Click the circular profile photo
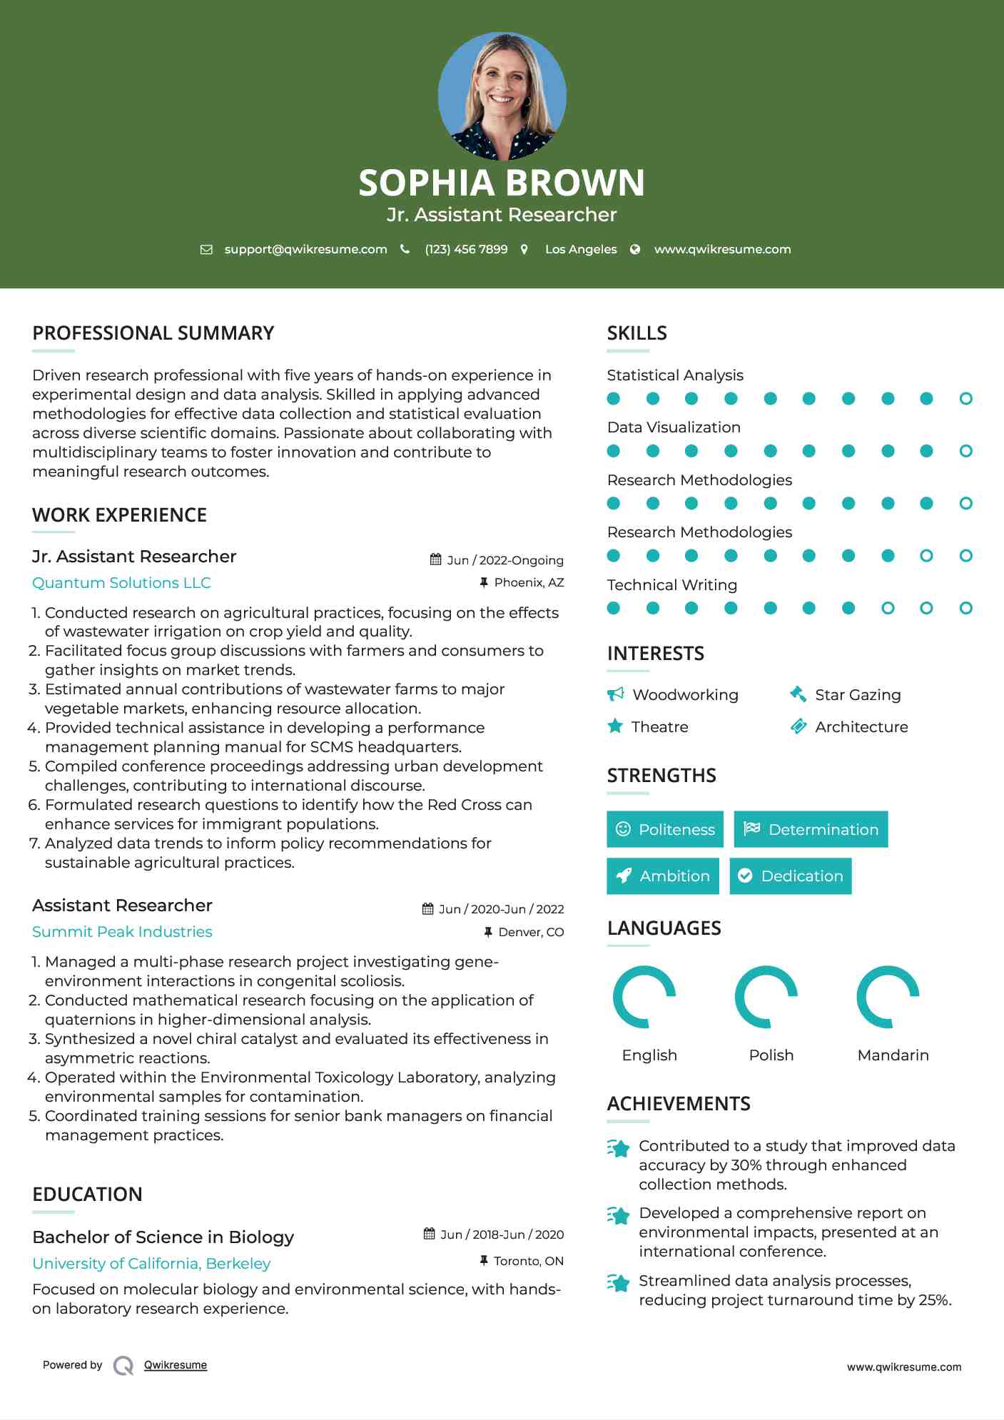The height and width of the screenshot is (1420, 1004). (502, 96)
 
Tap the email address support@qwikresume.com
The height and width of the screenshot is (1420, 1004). (305, 249)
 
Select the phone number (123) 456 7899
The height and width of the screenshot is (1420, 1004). (466, 249)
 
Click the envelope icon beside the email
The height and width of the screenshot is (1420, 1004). (206, 249)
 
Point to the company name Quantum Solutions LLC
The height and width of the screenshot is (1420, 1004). (121, 583)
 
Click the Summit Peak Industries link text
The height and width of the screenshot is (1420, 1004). (122, 932)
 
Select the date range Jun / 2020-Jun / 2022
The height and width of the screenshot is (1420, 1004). (501, 909)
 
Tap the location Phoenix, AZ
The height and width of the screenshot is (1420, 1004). (529, 582)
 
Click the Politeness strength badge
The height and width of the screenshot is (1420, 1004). (665, 829)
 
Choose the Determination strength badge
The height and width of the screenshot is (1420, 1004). (811, 829)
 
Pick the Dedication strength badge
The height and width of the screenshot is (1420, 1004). (791, 876)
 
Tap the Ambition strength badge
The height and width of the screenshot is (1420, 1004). (663, 876)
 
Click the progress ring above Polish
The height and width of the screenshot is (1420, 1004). (766, 997)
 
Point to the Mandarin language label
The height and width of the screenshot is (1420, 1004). (893, 1055)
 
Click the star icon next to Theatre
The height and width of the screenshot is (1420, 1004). (615, 726)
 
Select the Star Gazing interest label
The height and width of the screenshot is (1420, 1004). (858, 695)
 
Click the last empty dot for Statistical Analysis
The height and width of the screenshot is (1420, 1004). (965, 399)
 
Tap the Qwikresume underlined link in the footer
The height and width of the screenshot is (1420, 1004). (176, 1365)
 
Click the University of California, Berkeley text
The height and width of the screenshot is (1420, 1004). (151, 1264)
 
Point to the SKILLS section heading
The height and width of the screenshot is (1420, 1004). (637, 333)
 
